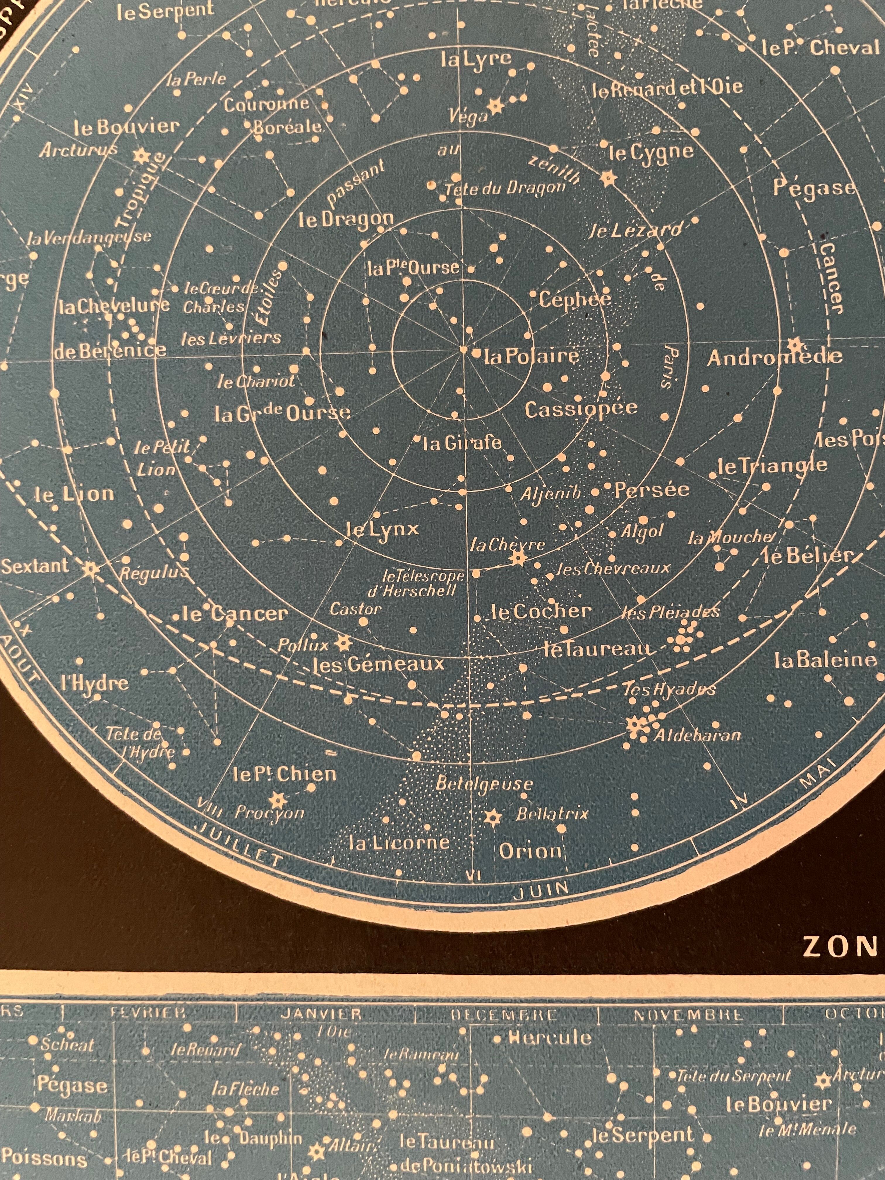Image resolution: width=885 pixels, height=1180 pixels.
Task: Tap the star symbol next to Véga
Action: pyautogui.click(x=497, y=106)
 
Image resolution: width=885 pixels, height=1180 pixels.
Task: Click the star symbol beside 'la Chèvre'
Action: pyautogui.click(x=517, y=558)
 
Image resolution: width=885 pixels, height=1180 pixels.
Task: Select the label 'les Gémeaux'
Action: pyautogui.click(x=378, y=665)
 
